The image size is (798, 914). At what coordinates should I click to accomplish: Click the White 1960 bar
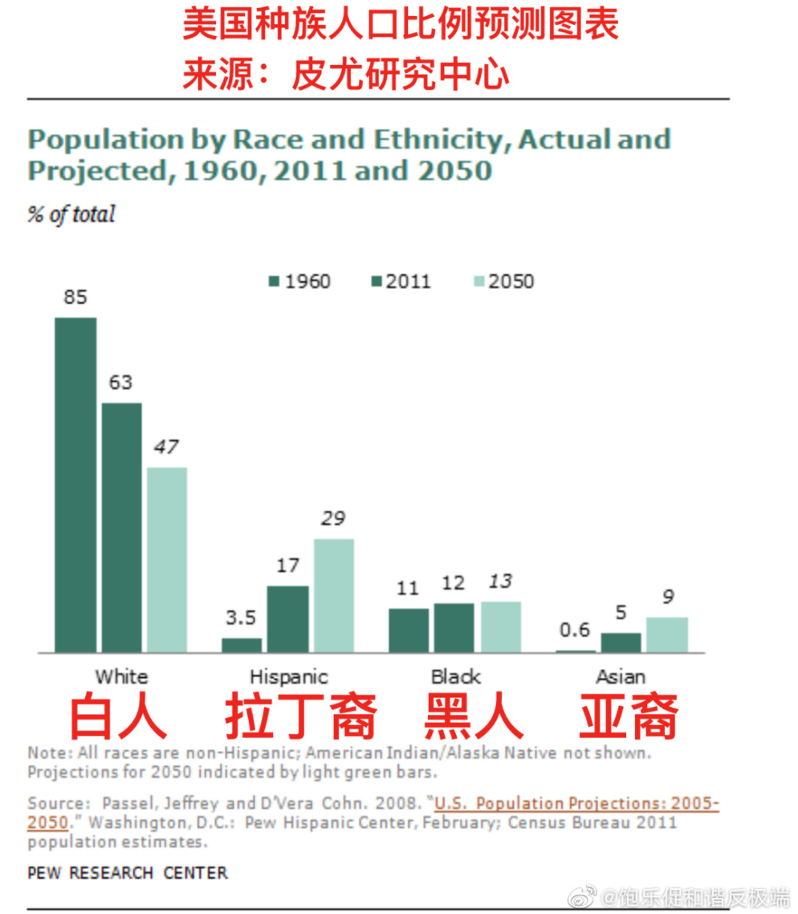[x=75, y=484]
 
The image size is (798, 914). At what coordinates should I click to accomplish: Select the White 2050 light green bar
[x=167, y=560]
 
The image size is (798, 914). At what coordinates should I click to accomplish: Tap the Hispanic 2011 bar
[x=287, y=618]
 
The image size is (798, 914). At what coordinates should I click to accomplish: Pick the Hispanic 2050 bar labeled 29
[x=333, y=595]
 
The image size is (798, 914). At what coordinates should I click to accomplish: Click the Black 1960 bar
[x=409, y=630]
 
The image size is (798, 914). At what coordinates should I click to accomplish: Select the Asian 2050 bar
[x=666, y=634]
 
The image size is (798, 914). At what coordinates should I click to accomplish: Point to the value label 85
[x=75, y=297]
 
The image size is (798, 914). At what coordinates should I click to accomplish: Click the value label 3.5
[x=241, y=618]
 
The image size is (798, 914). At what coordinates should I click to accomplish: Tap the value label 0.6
[x=574, y=630]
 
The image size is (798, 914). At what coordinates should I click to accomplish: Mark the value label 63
[x=120, y=382]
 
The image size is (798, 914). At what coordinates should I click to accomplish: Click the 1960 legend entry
[x=299, y=281]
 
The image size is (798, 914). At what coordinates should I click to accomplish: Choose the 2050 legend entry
[x=503, y=281]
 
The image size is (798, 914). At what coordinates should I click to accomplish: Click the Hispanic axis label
[x=289, y=676]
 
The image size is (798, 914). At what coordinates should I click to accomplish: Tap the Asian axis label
[x=621, y=676]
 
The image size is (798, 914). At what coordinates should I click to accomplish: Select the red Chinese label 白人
[x=118, y=717]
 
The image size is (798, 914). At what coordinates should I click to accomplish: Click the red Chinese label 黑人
[x=474, y=717]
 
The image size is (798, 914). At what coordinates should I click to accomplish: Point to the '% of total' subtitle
[x=71, y=215]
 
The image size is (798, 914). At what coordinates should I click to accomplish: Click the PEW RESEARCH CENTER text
[x=128, y=872]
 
